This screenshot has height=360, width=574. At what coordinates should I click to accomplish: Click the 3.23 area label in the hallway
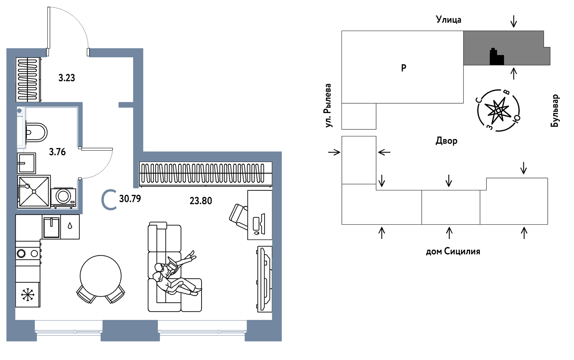point(67,78)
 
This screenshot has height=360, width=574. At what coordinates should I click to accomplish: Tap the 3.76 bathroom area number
point(57,152)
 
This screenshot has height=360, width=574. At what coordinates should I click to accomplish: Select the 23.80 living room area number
point(201,201)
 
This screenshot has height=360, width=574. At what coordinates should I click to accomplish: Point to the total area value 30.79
point(130,199)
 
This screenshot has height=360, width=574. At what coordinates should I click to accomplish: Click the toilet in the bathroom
point(35,132)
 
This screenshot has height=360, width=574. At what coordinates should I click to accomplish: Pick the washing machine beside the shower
point(63,197)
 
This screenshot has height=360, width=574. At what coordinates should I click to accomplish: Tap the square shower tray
point(34,191)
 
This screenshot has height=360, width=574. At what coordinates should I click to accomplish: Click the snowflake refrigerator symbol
point(28,295)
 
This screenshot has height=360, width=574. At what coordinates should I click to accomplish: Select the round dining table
point(101,276)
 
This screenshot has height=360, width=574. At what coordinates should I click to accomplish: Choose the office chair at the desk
point(239,216)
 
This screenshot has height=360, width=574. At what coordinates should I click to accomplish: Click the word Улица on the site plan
point(448,20)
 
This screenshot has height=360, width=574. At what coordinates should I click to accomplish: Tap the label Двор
point(446,141)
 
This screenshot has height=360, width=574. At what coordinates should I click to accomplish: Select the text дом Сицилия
point(453,251)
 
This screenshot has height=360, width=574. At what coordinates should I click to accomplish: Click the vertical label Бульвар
point(555,111)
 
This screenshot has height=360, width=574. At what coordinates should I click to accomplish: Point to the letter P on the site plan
point(403,68)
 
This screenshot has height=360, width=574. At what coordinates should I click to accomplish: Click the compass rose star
point(498,110)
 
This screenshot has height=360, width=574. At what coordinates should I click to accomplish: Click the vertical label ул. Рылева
point(328,105)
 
